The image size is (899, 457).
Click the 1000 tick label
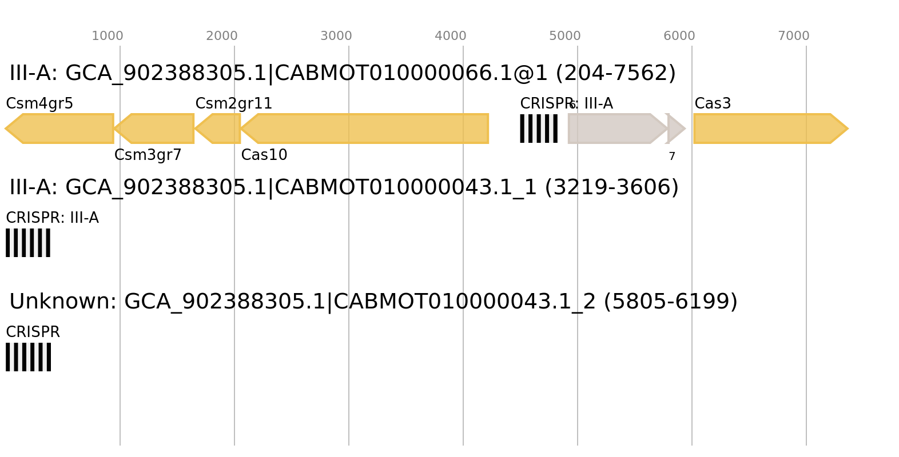(x=108, y=36)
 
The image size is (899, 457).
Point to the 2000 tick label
(x=222, y=36)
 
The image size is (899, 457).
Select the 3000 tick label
(x=336, y=36)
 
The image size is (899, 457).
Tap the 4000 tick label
(x=451, y=36)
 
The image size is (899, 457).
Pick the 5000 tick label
(x=565, y=36)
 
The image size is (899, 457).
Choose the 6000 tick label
(x=679, y=36)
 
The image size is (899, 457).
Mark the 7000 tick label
(x=794, y=36)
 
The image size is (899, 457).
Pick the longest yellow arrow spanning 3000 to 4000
(x=366, y=129)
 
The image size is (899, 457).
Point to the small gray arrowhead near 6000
(x=675, y=129)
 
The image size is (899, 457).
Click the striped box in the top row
(x=539, y=129)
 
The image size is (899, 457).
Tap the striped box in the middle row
(x=28, y=243)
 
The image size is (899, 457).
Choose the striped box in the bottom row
(x=28, y=357)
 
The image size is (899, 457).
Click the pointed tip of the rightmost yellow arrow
(x=847, y=129)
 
